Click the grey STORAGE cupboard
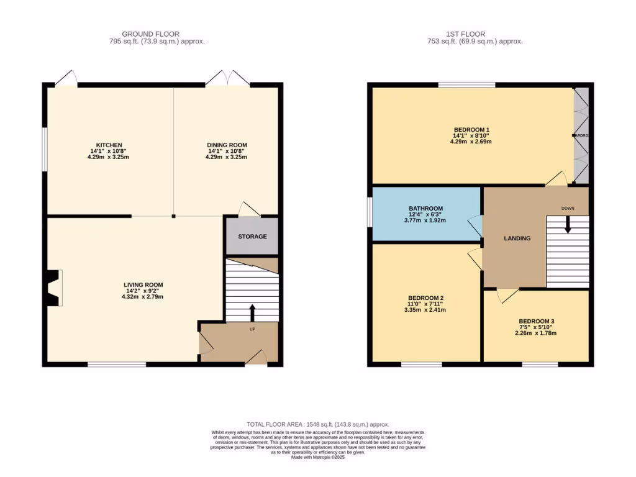pyautogui.click(x=252, y=237)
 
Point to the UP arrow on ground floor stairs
pyautogui.click(x=252, y=312)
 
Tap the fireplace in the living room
pyautogui.click(x=54, y=288)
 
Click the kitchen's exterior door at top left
pyautogui.click(x=66, y=78)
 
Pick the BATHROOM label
pyautogui.click(x=425, y=209)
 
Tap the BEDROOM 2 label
pyautogui.click(x=425, y=298)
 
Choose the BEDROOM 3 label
pyautogui.click(x=537, y=321)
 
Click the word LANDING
pyautogui.click(x=517, y=238)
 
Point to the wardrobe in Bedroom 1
pyautogui.click(x=580, y=135)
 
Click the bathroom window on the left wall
pyautogui.click(x=369, y=212)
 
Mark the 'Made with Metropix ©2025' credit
pyautogui.click(x=317, y=458)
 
